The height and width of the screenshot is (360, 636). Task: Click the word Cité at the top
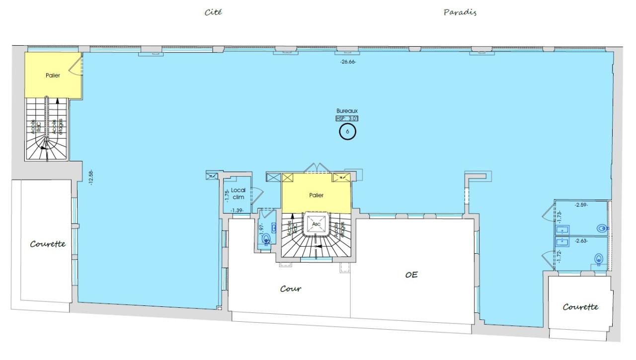click(x=213, y=12)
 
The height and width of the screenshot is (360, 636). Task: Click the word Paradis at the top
click(x=460, y=12)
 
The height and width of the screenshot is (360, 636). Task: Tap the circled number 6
click(x=347, y=132)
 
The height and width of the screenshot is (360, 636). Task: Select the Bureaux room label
click(x=347, y=111)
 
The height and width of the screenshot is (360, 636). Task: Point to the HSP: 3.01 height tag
click(x=347, y=118)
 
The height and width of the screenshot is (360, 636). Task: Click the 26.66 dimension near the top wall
click(x=348, y=62)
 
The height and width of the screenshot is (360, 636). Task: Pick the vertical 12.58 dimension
click(x=91, y=178)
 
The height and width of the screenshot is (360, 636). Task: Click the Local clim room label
click(x=238, y=193)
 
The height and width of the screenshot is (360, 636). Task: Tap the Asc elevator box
click(x=317, y=224)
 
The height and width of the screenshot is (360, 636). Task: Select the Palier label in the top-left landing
click(x=53, y=75)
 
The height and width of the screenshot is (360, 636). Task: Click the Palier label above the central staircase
click(x=316, y=195)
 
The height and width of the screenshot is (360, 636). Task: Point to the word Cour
click(x=291, y=288)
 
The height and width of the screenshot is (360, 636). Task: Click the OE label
click(x=411, y=274)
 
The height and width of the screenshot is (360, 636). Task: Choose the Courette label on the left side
click(x=48, y=244)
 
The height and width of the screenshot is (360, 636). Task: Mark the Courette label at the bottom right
click(x=580, y=307)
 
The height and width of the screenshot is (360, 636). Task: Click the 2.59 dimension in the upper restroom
click(x=581, y=205)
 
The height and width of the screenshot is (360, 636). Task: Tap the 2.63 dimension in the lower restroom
click(x=582, y=241)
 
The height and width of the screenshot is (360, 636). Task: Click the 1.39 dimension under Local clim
click(x=237, y=211)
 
